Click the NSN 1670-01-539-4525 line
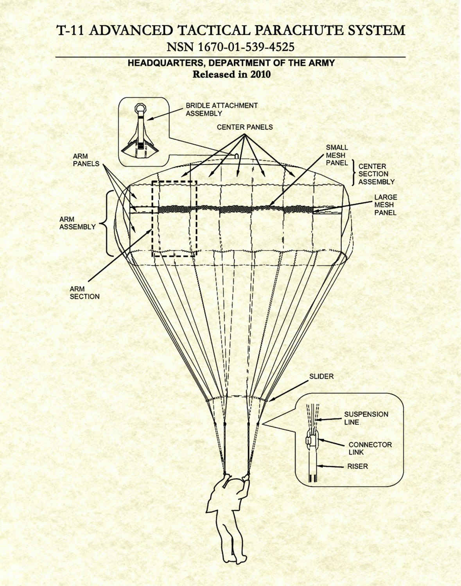click(230, 47)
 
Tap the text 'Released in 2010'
click(231, 74)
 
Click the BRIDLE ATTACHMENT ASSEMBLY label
click(221, 109)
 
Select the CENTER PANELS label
click(245, 127)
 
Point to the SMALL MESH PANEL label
click(337, 155)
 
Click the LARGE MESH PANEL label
click(385, 205)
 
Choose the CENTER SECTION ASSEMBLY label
click(376, 174)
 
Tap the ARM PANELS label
click(86, 160)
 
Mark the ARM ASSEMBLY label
click(77, 223)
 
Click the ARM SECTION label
click(84, 293)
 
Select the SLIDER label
click(321, 377)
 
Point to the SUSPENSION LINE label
click(366, 418)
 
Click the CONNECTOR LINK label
click(370, 448)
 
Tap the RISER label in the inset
click(357, 466)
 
